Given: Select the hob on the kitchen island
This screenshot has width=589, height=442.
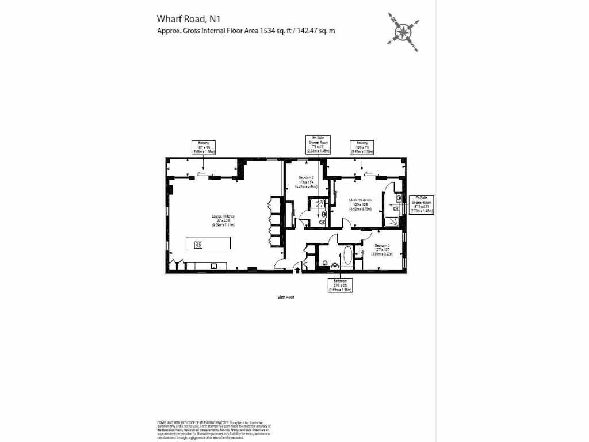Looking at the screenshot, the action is pyautogui.click(x=198, y=244).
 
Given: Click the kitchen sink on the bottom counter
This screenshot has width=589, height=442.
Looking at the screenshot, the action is pyautogui.click(x=213, y=266).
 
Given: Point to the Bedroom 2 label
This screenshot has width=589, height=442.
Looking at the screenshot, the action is pyautogui.click(x=306, y=181).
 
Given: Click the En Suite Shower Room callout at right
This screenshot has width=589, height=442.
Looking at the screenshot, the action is pyautogui.click(x=421, y=204).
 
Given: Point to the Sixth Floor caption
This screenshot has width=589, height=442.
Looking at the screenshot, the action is pyautogui.click(x=286, y=298).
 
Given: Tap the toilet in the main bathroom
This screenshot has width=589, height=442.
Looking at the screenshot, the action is pyautogui.click(x=326, y=264).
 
